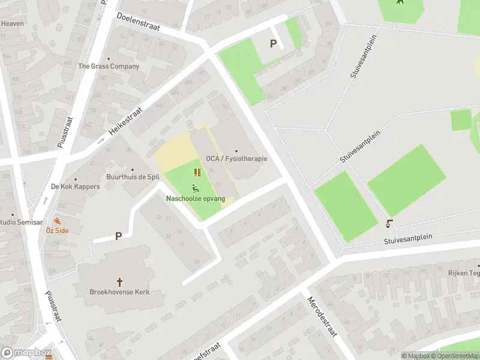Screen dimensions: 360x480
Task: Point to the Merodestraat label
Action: coord(323,316)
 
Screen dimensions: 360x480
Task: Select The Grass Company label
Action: coord(109,66)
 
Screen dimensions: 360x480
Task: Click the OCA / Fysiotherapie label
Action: coord(236,158)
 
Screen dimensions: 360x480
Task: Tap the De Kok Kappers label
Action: coord(75,187)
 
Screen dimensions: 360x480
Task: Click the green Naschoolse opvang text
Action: coord(196,198)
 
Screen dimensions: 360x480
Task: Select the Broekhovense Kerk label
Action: coord(119,292)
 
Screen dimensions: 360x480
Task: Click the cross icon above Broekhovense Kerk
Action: coord(119,281)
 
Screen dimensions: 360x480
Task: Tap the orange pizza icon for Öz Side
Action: coord(58,220)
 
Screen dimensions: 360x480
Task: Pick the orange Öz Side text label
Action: coord(58,230)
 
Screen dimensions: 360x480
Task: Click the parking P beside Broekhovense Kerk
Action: coord(118,236)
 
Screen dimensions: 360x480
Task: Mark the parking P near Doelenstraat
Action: coord(274,43)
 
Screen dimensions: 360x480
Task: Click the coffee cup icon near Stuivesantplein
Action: coord(389,224)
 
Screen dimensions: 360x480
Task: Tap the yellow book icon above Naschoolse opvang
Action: coord(197,172)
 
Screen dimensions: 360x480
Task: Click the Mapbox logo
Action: coord(26,353)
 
